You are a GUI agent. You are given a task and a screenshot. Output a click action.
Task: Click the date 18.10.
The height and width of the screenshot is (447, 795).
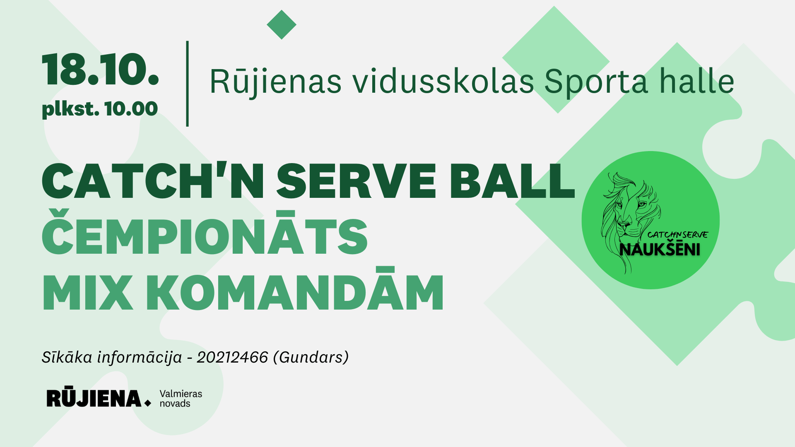click(100, 69)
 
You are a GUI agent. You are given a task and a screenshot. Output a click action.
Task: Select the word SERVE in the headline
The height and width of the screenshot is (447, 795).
click(356, 181)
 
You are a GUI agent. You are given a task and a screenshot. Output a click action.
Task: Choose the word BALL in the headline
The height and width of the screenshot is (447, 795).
click(512, 181)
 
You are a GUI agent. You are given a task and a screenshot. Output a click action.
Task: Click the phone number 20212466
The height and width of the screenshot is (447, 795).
click(232, 357)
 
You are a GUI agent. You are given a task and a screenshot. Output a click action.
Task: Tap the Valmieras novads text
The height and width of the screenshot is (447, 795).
click(181, 399)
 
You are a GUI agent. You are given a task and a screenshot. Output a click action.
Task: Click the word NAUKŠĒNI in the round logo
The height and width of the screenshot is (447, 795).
click(660, 249)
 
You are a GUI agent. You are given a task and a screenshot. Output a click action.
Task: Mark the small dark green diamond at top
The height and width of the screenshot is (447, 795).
click(282, 25)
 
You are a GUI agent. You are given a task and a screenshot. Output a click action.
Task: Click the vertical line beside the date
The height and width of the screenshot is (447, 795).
click(188, 84)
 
